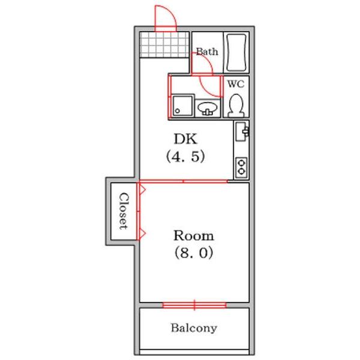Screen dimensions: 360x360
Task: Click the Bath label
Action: pos(207,52)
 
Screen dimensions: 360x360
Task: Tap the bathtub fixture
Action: pos(236,52)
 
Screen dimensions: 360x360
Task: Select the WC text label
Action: pos(236,84)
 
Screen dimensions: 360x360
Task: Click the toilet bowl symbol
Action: pos(236,105)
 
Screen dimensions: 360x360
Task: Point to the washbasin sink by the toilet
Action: pos(208,108)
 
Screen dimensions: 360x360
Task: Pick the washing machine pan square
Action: pos(183,106)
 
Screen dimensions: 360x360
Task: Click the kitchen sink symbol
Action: pos(241,131)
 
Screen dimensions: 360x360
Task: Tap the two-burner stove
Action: pos(241,167)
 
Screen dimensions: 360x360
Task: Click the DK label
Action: pos(185,139)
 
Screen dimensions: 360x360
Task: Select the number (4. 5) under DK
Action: pos(185,157)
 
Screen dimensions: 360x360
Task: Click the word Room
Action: pos(194,236)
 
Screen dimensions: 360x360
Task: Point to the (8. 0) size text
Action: pos(194,253)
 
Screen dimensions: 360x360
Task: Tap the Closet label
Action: pos(123,211)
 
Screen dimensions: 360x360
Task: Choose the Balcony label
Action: pos(194,328)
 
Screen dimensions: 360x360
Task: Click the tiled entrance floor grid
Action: pos(164,45)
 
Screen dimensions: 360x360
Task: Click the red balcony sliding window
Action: pos(194,305)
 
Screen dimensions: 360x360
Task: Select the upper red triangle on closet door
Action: pos(142,189)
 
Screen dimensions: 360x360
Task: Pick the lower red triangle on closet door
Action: pos(142,234)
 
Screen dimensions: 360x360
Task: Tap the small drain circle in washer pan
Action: pos(177,111)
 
